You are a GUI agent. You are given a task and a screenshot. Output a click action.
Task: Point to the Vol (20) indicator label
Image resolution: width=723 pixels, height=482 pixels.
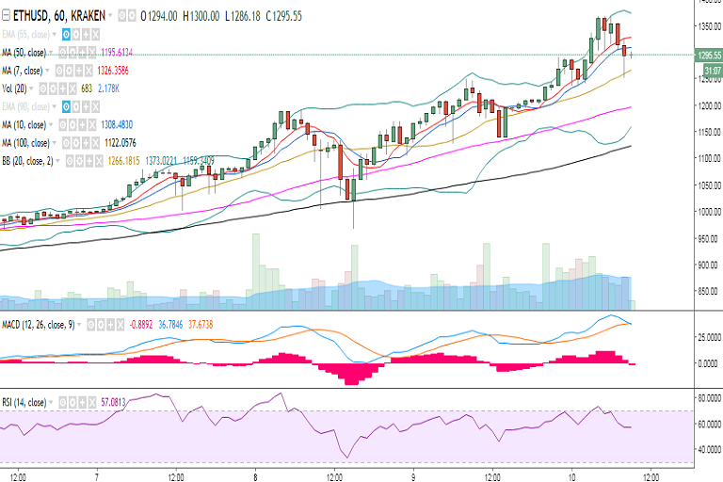pos(18,88)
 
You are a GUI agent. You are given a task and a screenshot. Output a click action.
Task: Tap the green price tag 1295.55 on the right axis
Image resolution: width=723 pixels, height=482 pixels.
pos(703,56)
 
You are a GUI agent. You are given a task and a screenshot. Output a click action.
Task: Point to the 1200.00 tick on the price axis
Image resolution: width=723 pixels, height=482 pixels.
pos(703,106)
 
